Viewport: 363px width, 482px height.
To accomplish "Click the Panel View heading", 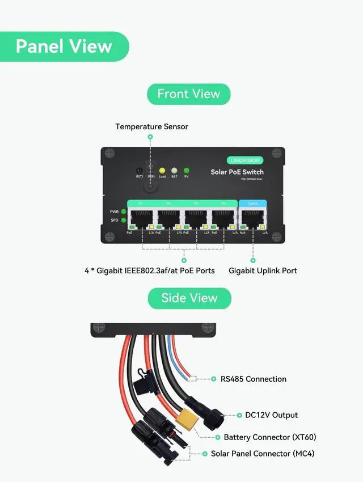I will point(64,46).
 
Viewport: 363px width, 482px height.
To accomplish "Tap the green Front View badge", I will point(188,94).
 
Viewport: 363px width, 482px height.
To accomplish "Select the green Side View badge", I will point(189,298).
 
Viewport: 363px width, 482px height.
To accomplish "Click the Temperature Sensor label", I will point(151,126).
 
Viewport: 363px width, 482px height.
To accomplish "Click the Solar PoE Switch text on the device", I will point(237,172).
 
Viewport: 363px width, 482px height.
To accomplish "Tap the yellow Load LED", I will point(162,170).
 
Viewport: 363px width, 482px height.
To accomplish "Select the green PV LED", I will point(186,170).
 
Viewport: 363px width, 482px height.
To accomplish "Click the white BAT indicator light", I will point(174,170).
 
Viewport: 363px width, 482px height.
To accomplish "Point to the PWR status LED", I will point(123,212).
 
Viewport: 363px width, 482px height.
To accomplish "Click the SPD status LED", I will point(123,220).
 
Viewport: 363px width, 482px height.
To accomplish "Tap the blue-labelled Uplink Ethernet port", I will point(253,218).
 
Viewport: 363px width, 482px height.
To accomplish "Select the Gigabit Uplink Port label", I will point(263,270).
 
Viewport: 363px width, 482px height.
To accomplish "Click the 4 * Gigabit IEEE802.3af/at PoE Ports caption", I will point(150,270).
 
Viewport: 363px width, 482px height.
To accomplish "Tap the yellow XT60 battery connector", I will point(188,420).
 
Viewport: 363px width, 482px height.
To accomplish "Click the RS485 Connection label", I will point(253,379).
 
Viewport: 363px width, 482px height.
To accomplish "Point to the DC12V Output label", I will point(271,415).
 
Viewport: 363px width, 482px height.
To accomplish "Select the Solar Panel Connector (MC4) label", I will point(262,454).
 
